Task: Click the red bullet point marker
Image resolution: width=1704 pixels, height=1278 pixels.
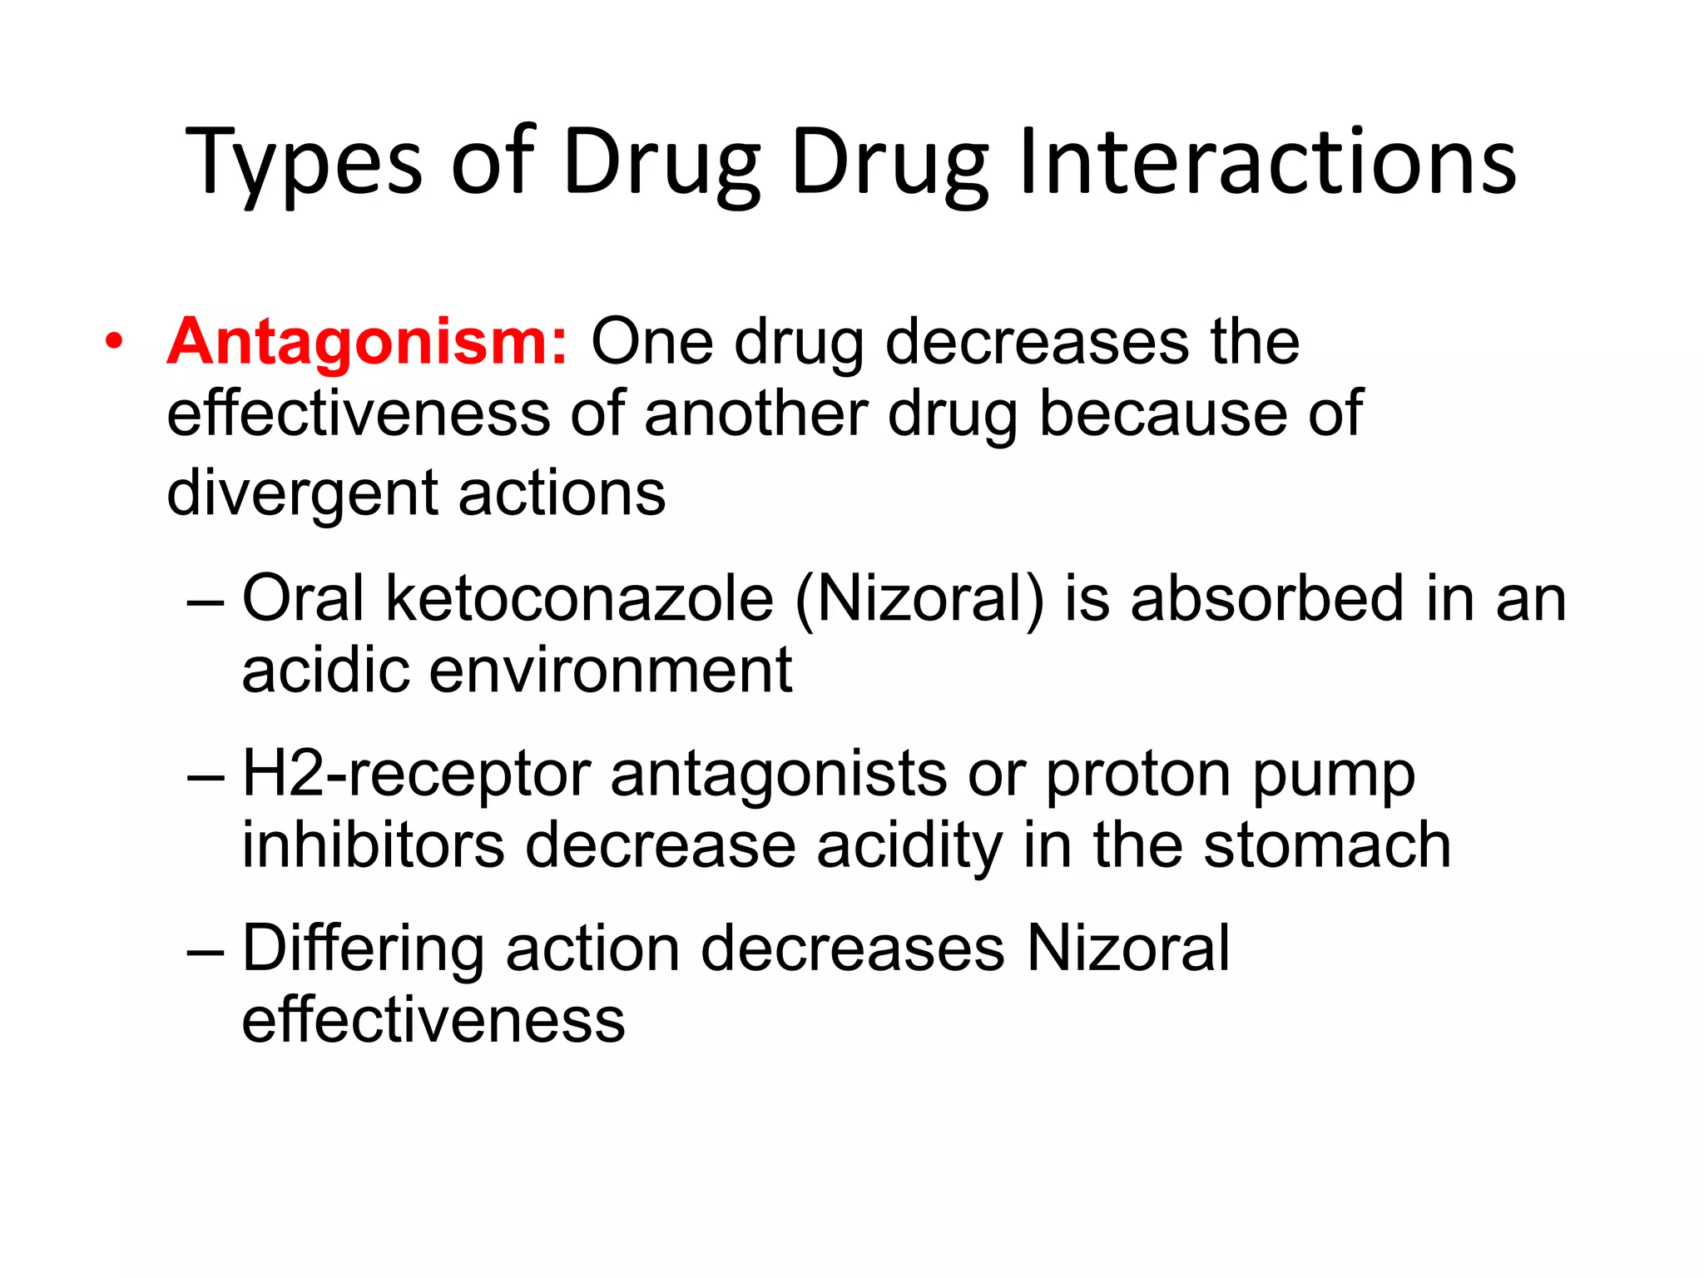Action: pyautogui.click(x=114, y=342)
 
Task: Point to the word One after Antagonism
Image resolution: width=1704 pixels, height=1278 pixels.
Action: pyautogui.click(x=651, y=342)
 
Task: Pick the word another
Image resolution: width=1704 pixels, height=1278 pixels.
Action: pyautogui.click(x=755, y=414)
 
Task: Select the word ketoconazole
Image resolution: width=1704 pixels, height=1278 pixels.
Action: pyautogui.click(x=579, y=599)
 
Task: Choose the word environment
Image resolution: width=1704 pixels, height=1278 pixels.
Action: pyautogui.click(x=610, y=671)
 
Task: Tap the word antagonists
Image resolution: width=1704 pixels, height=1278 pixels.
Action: pyautogui.click(x=779, y=775)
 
